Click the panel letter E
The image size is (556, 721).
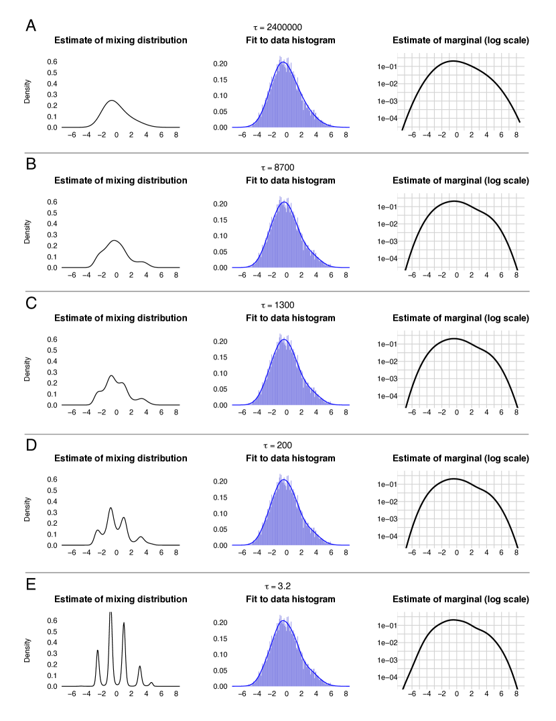31,584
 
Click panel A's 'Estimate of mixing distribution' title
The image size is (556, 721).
121,40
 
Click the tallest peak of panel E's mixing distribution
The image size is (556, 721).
111,613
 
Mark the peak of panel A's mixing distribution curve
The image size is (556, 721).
111,101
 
